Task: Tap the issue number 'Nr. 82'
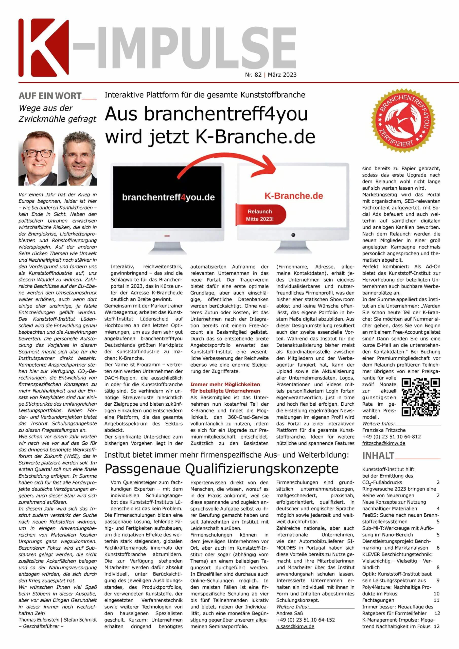click(x=253, y=75)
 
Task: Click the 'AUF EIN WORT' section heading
click(x=50, y=96)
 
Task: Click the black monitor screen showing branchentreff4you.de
click(x=168, y=197)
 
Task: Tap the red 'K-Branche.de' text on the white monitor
click(x=294, y=196)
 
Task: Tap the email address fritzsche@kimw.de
click(x=383, y=443)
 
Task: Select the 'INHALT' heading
click(x=378, y=456)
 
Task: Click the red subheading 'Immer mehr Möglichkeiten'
click(x=225, y=384)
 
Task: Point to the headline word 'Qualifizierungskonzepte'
click(x=262, y=469)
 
